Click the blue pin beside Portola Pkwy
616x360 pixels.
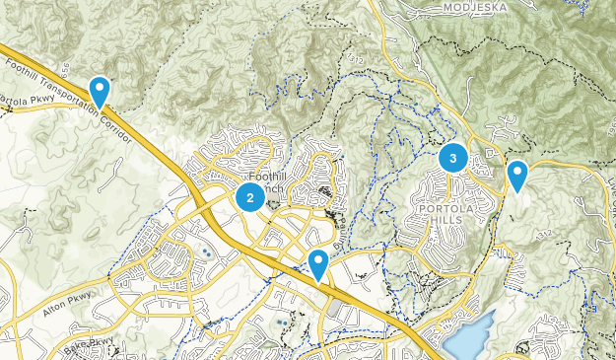click(x=100, y=91)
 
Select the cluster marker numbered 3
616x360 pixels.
click(x=452, y=157)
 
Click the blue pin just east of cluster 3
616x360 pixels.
click(x=516, y=176)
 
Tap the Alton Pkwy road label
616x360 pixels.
click(x=68, y=310)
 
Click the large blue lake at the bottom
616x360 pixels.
click(x=468, y=336)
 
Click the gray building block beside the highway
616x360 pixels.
click(x=333, y=309)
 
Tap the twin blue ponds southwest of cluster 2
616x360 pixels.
click(x=207, y=253)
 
